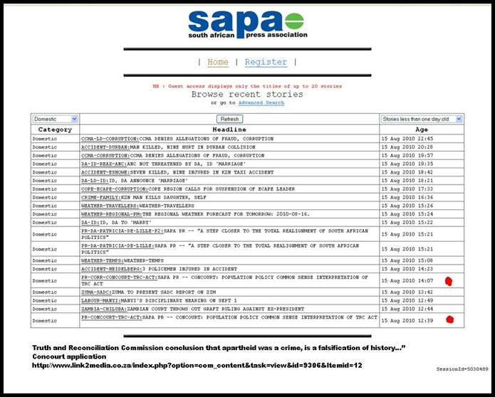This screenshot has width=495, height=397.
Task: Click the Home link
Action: click(x=218, y=63)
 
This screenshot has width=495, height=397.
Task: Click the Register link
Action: click(x=266, y=63)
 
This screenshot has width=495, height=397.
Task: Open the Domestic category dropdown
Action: click(x=55, y=119)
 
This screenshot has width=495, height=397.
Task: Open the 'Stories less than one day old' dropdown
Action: click(x=422, y=119)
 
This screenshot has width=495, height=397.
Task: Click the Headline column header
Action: click(x=229, y=129)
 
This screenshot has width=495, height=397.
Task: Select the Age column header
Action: click(x=422, y=129)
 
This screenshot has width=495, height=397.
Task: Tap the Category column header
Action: click(x=55, y=129)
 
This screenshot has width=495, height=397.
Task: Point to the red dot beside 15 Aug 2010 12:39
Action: click(x=449, y=319)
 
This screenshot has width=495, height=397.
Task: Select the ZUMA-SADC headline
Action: click(x=158, y=292)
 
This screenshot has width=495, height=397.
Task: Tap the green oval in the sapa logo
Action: click(x=295, y=21)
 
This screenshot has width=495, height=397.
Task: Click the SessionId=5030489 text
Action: click(x=462, y=369)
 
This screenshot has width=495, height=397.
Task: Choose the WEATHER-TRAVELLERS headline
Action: click(x=132, y=206)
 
